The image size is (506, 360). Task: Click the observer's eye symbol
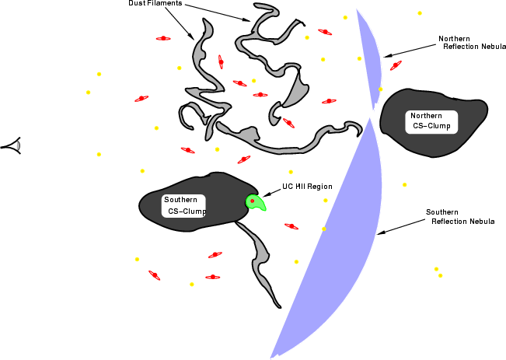[13, 145]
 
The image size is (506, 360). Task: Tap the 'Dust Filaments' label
[155, 3]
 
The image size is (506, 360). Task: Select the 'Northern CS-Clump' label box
[431, 122]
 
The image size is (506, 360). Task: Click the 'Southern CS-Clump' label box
[183, 206]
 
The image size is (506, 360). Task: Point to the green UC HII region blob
[255, 203]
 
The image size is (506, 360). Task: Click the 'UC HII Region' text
[307, 187]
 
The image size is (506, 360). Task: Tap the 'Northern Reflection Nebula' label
[472, 43]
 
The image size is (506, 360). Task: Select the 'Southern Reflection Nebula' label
[460, 217]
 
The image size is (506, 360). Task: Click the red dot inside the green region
[253, 201]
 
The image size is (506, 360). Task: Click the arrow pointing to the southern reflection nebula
[401, 226]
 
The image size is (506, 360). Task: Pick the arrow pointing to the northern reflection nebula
[410, 51]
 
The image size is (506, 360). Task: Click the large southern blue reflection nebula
[342, 246]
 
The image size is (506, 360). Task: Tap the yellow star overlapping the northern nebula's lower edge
[380, 89]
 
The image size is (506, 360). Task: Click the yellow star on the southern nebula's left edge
[324, 229]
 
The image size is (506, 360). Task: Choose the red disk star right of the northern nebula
[396, 65]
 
